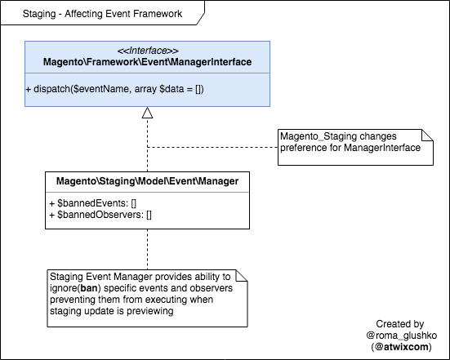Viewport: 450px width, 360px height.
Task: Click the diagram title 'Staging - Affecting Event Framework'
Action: pyautogui.click(x=102, y=14)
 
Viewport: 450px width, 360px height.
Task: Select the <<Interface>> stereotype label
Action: pyautogui.click(x=148, y=51)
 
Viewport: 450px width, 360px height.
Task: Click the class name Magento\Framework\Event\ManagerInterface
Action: pyautogui.click(x=148, y=62)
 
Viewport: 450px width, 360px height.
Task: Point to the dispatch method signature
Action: pyautogui.click(x=115, y=89)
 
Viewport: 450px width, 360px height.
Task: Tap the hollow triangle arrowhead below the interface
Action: pyautogui.click(x=147, y=113)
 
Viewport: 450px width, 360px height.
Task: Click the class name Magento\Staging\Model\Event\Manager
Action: pyautogui.click(x=147, y=181)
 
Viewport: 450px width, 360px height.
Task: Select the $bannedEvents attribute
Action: pyautogui.click(x=93, y=203)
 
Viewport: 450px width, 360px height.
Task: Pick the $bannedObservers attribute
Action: pyautogui.click(x=100, y=215)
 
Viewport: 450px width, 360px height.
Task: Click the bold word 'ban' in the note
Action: pyautogui.click(x=89, y=288)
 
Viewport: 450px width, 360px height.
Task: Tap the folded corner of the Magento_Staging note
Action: pyautogui.click(x=428, y=135)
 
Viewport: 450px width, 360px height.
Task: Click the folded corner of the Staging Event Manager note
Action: pyautogui.click(x=242, y=275)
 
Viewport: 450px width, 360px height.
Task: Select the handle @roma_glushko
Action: pyautogui.click(x=402, y=336)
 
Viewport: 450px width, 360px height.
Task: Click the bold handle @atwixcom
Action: pyautogui.click(x=402, y=347)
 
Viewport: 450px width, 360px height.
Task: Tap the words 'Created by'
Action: pyautogui.click(x=400, y=324)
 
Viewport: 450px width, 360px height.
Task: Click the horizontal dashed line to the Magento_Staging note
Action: pyautogui.click(x=212, y=147)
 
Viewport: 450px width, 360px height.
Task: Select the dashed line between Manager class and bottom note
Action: pyautogui.click(x=148, y=249)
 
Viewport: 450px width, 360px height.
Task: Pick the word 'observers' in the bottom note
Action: pyautogui.click(x=212, y=288)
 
